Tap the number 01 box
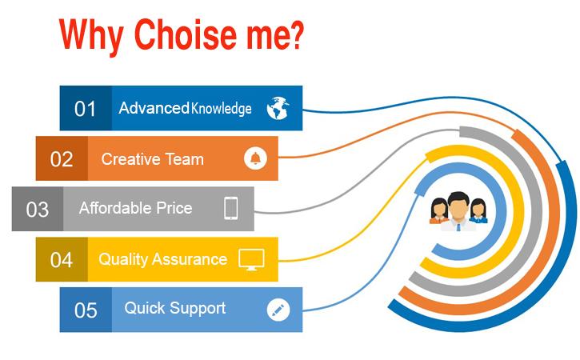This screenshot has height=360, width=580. click(86, 108)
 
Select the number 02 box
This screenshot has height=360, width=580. click(62, 158)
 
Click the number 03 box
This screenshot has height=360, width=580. click(38, 210)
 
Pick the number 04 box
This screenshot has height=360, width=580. click(62, 259)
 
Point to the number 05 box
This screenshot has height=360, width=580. click(86, 310)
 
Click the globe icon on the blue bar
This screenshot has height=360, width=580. click(278, 108)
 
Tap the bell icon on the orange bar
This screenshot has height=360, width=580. click(255, 158)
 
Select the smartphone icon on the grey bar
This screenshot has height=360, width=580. click(231, 209)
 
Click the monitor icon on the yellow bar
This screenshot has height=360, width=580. click(252, 259)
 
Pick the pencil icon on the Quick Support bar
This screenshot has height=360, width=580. click(278, 310)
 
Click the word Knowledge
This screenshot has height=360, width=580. click(221, 108)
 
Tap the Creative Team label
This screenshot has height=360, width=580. click(152, 158)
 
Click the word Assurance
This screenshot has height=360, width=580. click(193, 259)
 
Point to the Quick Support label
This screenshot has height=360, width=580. click(174, 308)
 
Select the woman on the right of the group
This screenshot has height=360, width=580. click(478, 210)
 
